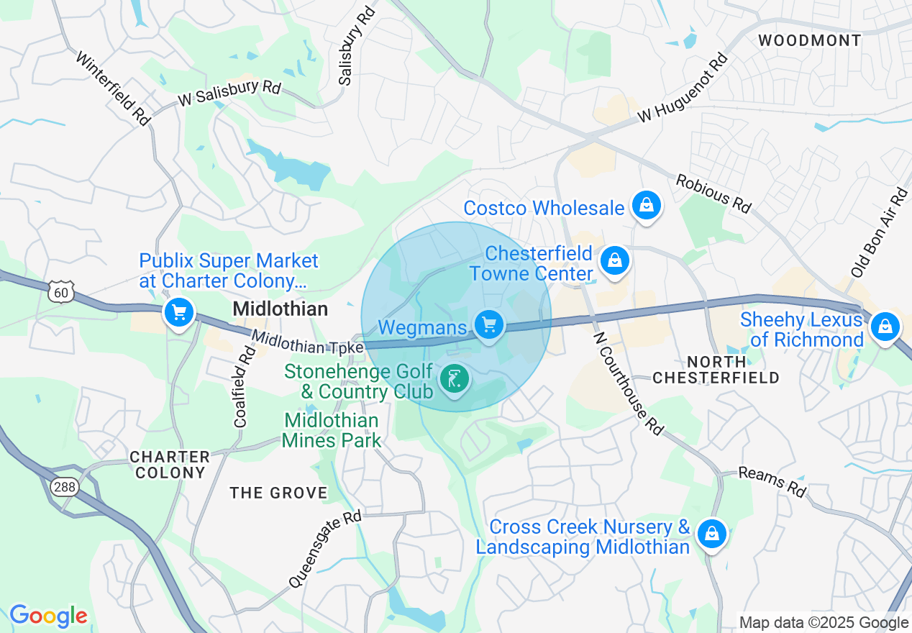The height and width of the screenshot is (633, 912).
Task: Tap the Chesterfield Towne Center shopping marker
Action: point(615,261)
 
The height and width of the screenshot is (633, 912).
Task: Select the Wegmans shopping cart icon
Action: point(489,326)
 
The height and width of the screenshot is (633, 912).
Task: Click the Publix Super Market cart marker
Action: point(179,313)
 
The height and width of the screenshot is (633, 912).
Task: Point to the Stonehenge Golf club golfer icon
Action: point(454,378)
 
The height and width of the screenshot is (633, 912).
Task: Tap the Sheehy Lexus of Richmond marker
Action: point(885,328)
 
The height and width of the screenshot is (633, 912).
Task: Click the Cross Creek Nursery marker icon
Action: point(711,534)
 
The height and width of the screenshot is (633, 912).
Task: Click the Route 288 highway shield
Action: point(63,488)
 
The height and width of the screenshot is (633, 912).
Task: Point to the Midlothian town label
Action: point(281,309)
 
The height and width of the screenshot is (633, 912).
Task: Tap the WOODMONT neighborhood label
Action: point(809,40)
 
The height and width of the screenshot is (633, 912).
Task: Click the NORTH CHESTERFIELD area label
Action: point(716,370)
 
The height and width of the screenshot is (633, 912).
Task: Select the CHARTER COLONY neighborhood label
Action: point(170,465)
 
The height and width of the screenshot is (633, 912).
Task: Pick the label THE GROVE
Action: point(278,493)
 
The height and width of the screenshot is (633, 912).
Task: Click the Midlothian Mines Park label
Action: point(331,430)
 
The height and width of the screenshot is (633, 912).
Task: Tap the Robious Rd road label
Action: point(713,193)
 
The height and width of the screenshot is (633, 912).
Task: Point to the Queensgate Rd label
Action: point(324,550)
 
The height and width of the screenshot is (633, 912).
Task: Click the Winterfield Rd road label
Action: point(113,88)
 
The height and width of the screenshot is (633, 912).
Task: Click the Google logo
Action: point(48,616)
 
